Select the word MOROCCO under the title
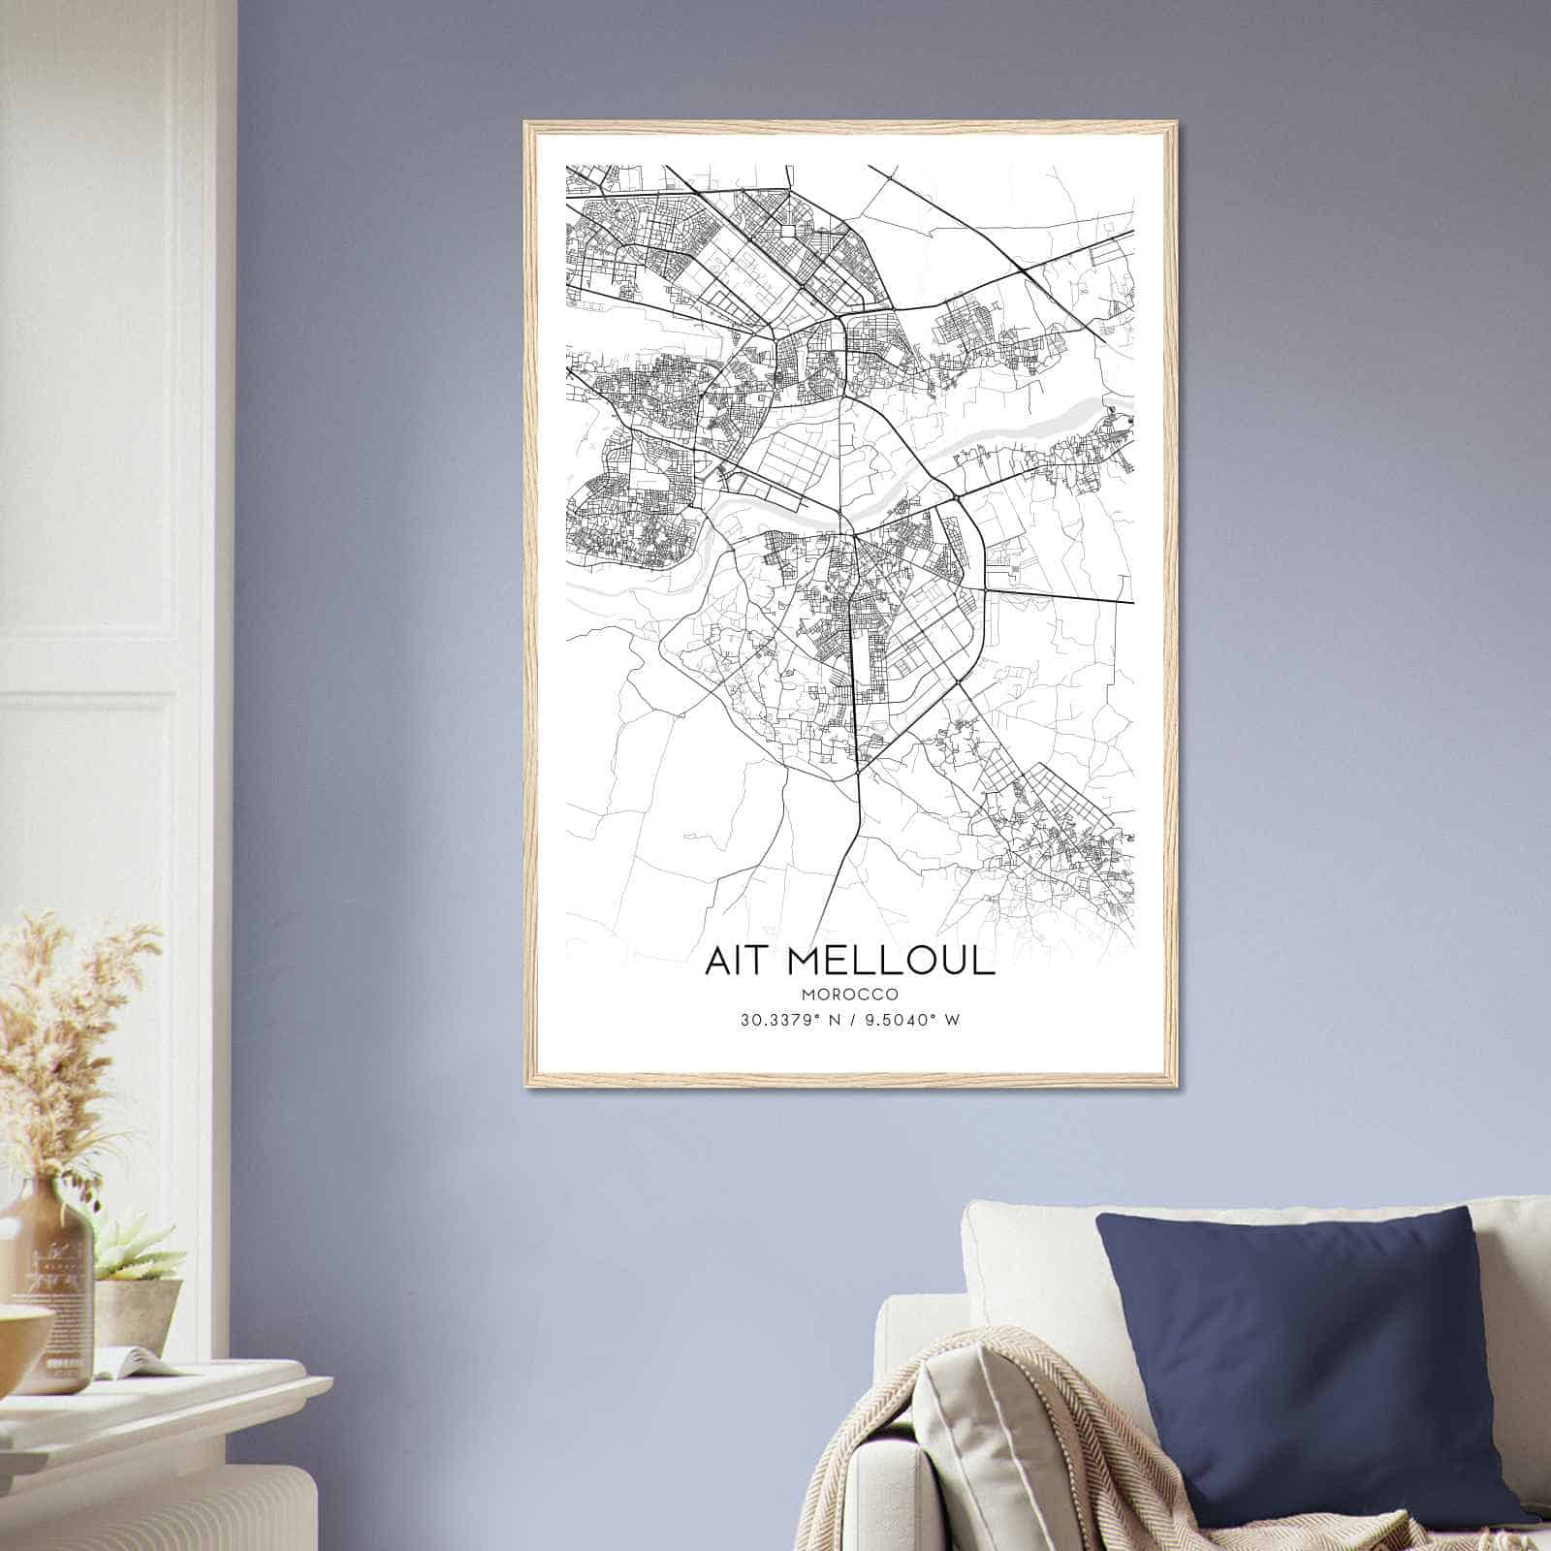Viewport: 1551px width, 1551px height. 850,995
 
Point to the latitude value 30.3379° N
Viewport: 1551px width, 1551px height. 787,1019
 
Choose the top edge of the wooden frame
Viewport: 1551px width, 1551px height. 850,125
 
